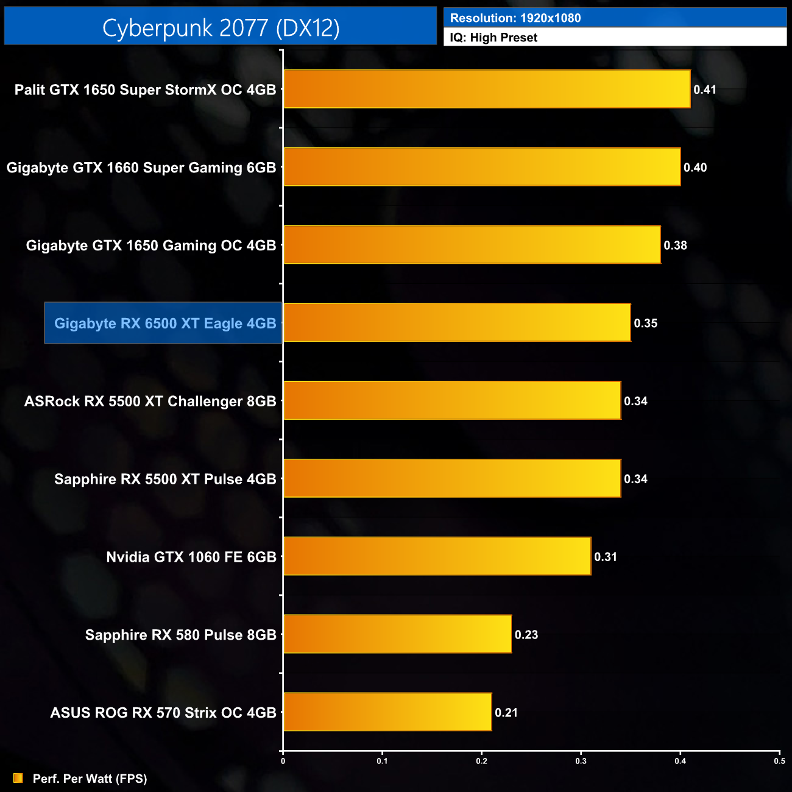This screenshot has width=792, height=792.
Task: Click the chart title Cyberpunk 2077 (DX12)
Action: point(221,27)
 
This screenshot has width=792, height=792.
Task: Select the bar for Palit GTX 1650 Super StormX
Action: point(487,89)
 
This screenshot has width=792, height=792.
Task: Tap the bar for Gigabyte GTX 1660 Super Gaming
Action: point(482,167)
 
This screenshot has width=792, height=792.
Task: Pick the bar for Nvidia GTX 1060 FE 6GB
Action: point(437,556)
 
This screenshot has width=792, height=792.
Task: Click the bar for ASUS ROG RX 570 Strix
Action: point(387,712)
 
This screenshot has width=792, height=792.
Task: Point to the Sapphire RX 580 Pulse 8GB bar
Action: point(397,634)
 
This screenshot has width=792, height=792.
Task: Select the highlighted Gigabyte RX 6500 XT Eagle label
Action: point(165,324)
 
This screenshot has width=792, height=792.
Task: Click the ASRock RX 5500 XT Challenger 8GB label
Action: point(150,401)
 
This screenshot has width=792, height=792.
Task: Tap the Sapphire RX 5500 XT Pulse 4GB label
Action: point(165,479)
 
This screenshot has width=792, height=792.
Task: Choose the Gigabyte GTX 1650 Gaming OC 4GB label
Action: point(151,246)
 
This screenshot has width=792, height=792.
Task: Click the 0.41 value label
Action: point(705,90)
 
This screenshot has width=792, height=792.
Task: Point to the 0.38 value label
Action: point(675,246)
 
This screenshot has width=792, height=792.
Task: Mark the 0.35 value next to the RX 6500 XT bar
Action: point(645,324)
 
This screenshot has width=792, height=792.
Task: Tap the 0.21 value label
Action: point(506,713)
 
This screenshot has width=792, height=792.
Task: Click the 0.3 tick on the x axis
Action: point(581,761)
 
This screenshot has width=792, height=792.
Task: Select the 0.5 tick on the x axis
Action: point(779,761)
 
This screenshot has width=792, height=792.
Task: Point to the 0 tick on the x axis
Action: point(283,761)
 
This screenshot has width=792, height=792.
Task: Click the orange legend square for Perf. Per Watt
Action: point(18,778)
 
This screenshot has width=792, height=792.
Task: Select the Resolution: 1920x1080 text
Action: point(515,18)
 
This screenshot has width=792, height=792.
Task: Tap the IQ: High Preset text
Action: point(493,38)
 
